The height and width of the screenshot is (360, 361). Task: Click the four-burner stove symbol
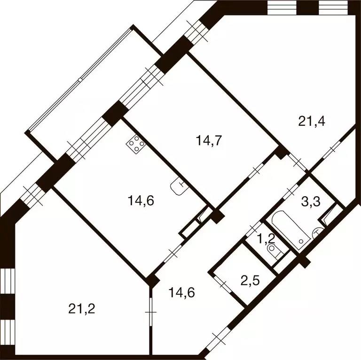[135, 143]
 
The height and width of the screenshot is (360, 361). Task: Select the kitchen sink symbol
[179, 187]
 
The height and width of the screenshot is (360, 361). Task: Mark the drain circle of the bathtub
[301, 239]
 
